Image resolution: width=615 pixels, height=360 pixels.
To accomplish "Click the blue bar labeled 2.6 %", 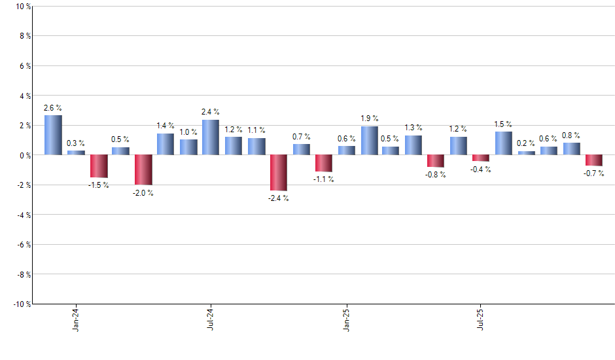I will click(x=53, y=135).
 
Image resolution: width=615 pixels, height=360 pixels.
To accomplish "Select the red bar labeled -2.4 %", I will click(x=278, y=173).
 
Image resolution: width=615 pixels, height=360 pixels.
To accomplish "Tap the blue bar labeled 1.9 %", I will click(x=369, y=141).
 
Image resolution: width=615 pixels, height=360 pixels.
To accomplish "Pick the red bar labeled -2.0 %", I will click(x=143, y=170).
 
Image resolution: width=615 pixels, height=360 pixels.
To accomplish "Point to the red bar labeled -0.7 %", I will click(x=593, y=160).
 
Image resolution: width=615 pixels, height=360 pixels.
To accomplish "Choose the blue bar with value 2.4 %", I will click(x=211, y=137).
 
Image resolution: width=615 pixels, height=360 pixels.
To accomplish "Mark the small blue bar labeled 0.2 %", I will click(x=526, y=153).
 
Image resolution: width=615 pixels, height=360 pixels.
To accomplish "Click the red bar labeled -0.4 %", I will click(x=481, y=158).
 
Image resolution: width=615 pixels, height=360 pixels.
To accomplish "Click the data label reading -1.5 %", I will click(x=98, y=185).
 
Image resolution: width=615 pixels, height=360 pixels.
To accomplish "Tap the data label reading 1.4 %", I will click(x=166, y=125).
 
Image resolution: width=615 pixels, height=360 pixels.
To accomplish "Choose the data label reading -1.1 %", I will click(x=323, y=179).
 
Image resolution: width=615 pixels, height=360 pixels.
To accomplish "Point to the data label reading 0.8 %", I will click(x=571, y=135).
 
